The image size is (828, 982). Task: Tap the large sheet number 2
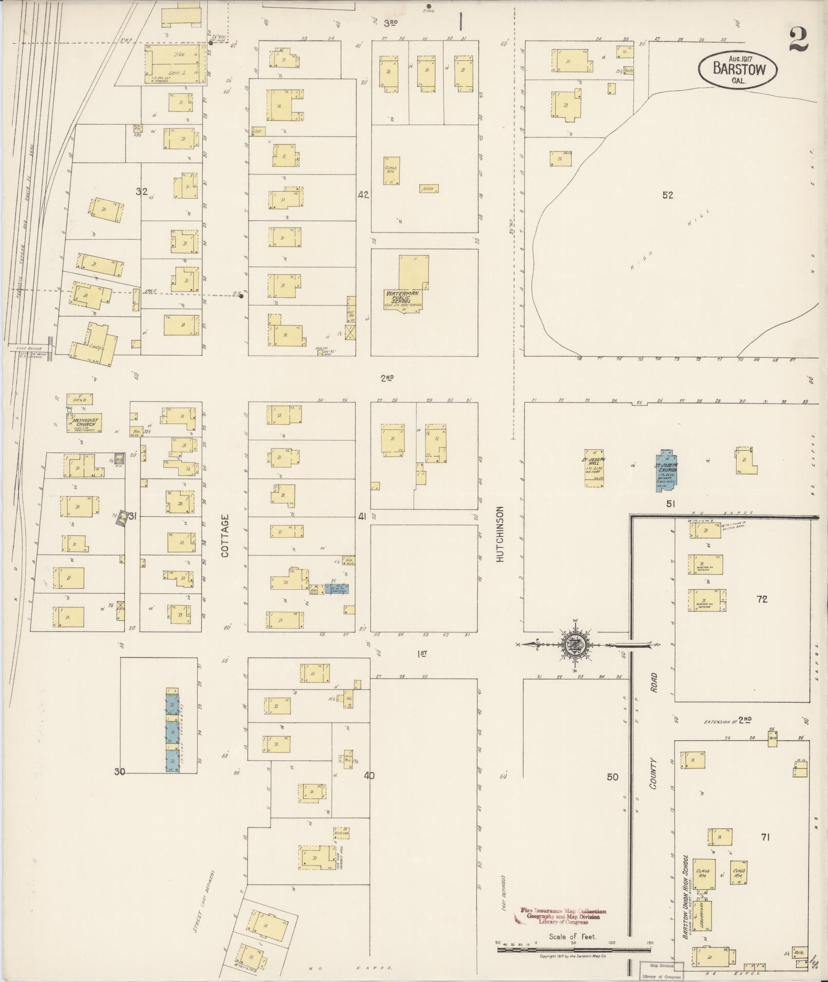[x=799, y=40]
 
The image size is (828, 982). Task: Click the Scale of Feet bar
[x=573, y=949]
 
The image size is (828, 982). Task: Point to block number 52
[x=667, y=195]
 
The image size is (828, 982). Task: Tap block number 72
[x=762, y=599]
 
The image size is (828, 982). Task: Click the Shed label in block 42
[x=428, y=189]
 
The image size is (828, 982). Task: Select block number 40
[x=369, y=775]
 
